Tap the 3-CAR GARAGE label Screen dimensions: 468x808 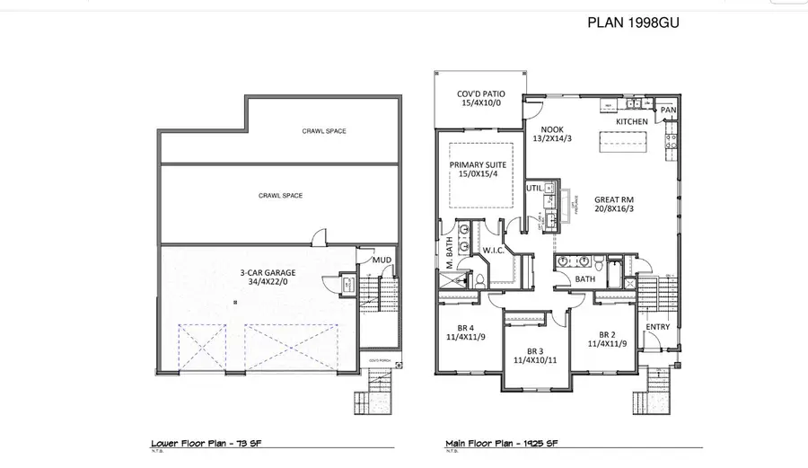click(x=268, y=272)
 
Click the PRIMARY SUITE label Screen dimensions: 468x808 click(x=478, y=165)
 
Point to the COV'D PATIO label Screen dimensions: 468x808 click(x=481, y=93)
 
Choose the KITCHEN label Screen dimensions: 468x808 click(x=632, y=119)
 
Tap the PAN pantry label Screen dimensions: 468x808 click(x=668, y=110)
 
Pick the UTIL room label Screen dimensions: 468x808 click(x=535, y=188)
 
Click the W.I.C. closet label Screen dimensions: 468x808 click(x=494, y=250)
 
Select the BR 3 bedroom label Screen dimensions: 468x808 click(x=535, y=350)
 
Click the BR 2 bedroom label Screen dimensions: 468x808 click(x=607, y=333)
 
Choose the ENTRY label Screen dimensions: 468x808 click(x=658, y=326)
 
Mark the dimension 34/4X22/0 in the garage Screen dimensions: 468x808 click(x=268, y=282)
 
